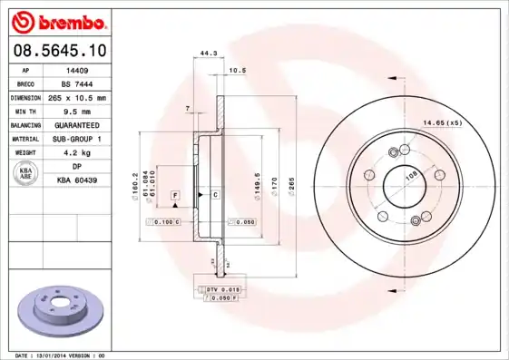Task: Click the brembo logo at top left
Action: click(x=56, y=20)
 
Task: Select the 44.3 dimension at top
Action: click(x=208, y=54)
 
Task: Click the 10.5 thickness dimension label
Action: click(x=237, y=70)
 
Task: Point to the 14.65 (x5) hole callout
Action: click(x=442, y=122)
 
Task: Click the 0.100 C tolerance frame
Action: click(x=168, y=221)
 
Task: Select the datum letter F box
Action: click(x=175, y=195)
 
